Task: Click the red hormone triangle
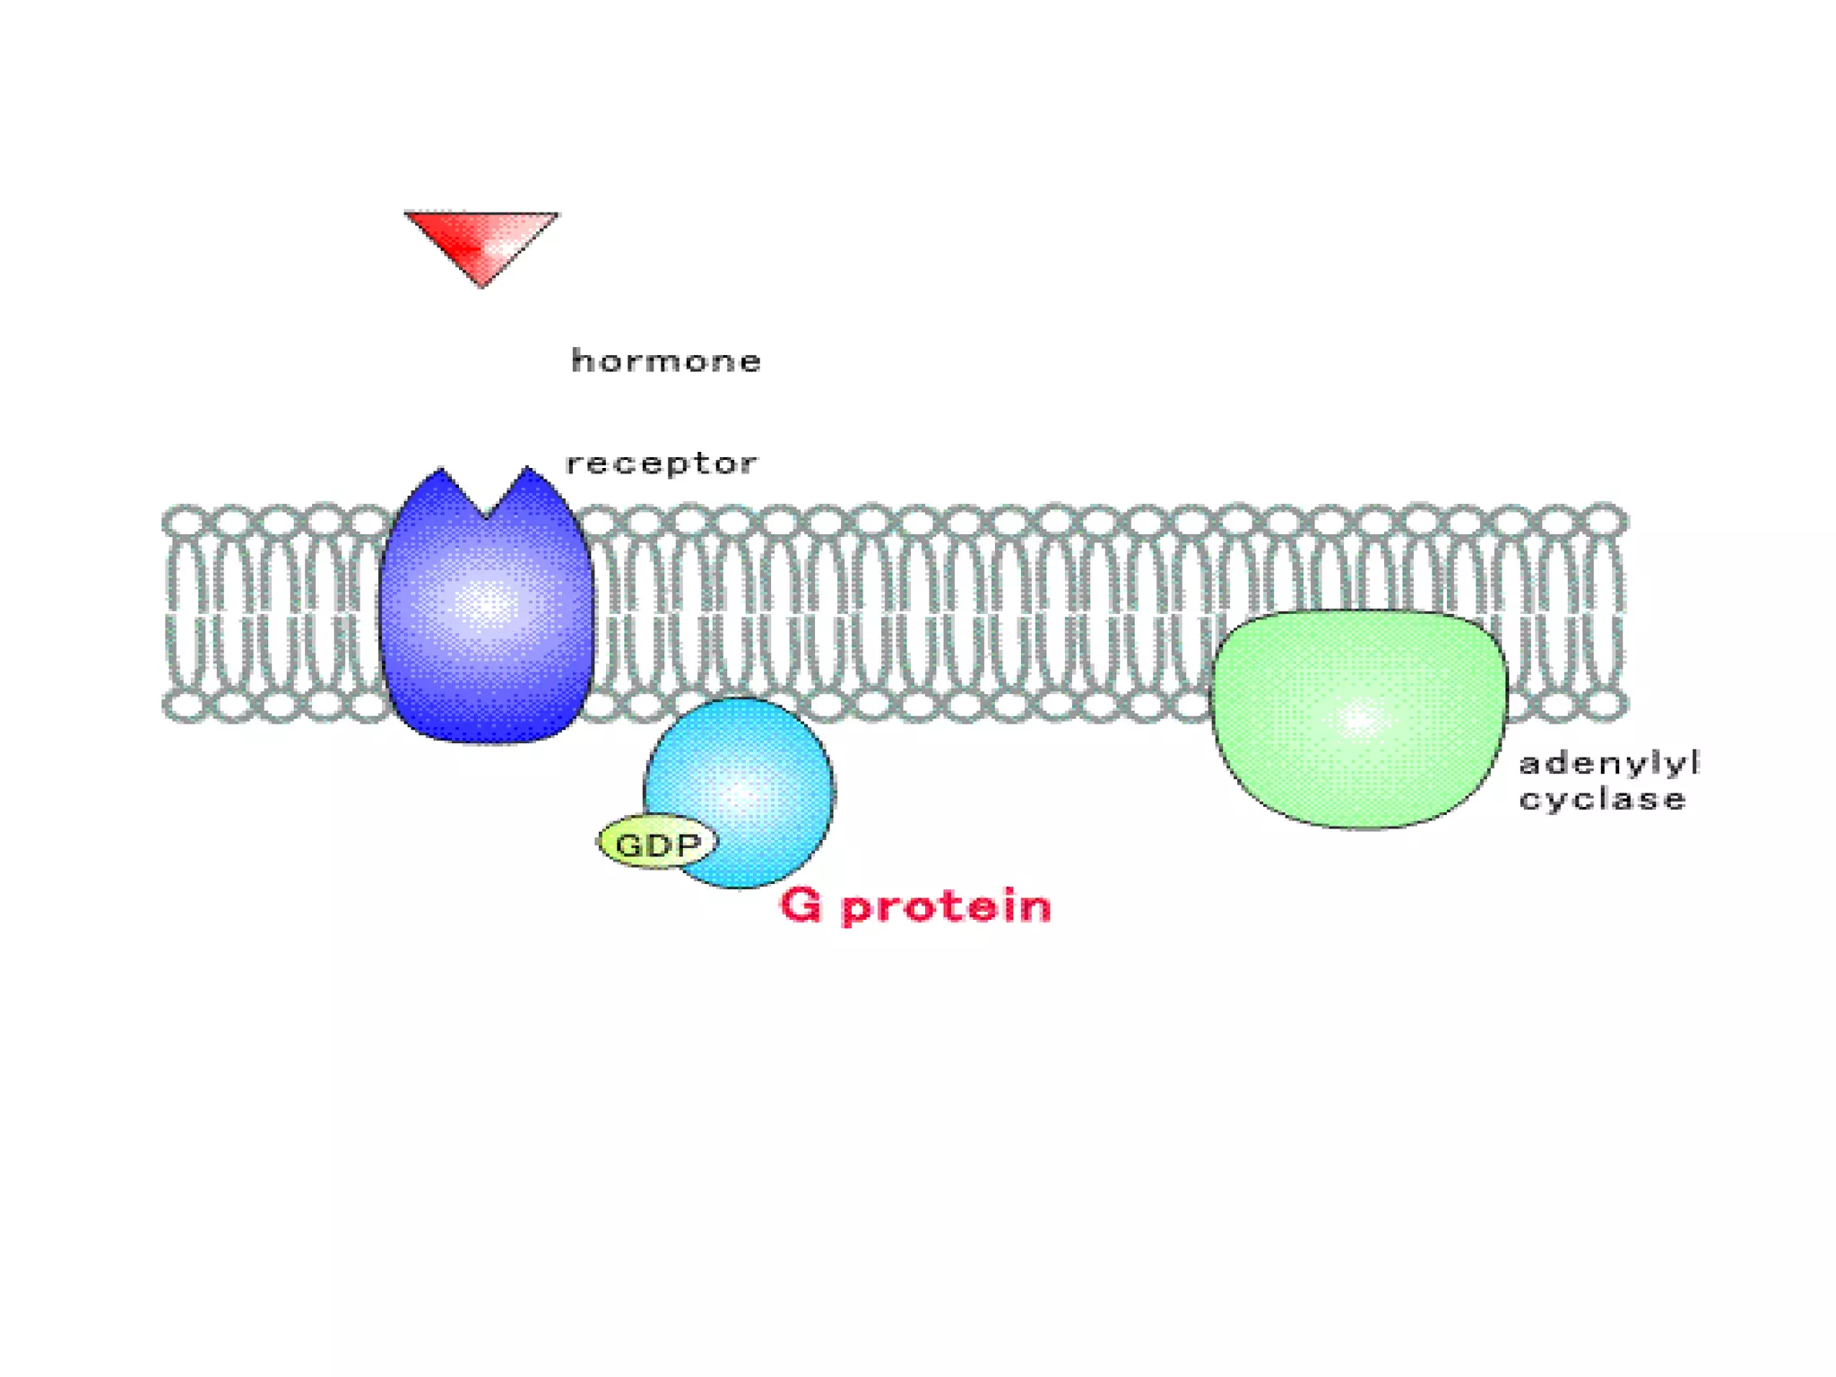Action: [481, 240]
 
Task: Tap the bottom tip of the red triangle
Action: [482, 284]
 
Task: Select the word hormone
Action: [666, 360]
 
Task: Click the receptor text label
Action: [662, 463]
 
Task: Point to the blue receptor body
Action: [486, 619]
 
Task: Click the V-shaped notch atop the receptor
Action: [486, 515]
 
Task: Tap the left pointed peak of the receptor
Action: [440, 471]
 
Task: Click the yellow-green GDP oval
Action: [657, 844]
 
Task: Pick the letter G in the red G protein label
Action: [801, 905]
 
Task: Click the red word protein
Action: [947, 907]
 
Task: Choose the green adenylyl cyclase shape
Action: [1359, 717]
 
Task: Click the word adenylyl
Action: [1608, 764]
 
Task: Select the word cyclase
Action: [1602, 799]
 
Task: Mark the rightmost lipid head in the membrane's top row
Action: [1605, 520]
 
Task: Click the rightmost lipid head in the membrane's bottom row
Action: [1605, 705]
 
